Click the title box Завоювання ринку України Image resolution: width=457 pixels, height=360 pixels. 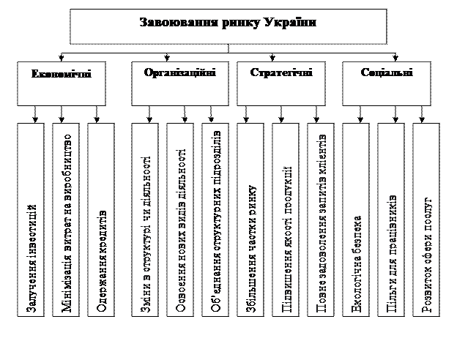(x=228, y=26)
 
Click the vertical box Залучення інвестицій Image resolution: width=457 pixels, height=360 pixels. (x=31, y=220)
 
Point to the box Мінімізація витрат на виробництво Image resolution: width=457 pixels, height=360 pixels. (x=66, y=220)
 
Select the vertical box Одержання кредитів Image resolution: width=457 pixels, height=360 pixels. (x=101, y=220)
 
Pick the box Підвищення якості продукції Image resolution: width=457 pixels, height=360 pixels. (x=286, y=220)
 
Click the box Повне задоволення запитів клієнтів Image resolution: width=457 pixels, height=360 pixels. (x=322, y=220)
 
